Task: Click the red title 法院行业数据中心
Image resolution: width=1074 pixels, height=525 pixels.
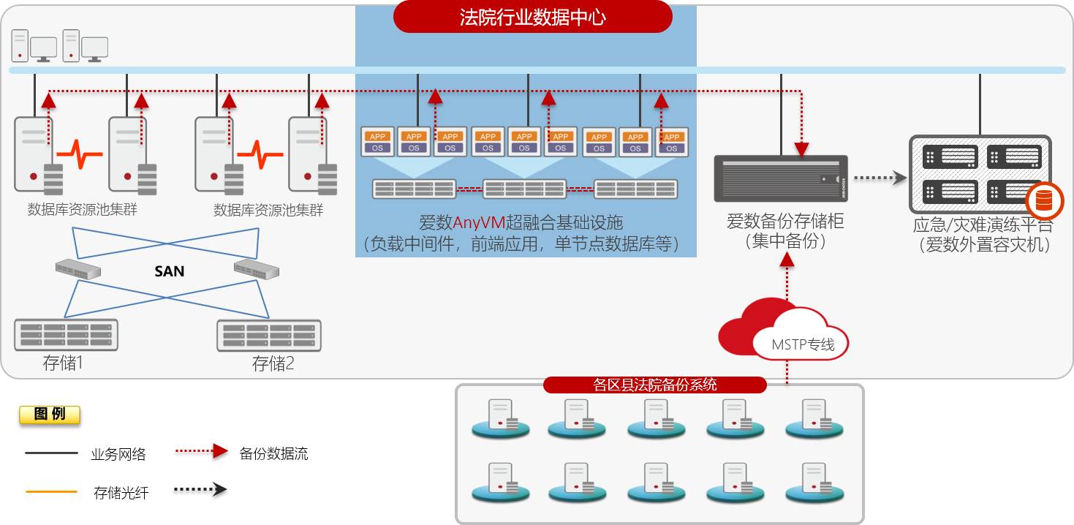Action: pos(532,17)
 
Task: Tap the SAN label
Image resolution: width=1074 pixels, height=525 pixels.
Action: pos(169,271)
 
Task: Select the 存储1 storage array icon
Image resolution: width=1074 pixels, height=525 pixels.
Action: pos(65,334)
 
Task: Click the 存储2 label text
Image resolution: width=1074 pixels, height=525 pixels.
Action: pos(273,363)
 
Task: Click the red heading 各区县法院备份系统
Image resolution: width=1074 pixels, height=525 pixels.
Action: pos(654,385)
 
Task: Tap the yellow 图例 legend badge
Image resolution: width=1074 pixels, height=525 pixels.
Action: pos(50,415)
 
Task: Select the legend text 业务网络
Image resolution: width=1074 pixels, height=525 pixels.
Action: pos(118,454)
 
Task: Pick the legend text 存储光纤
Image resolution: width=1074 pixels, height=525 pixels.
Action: pos(121,493)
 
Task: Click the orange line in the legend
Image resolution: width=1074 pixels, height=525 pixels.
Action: pos(51,491)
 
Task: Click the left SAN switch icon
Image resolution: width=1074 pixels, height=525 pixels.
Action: pos(78,268)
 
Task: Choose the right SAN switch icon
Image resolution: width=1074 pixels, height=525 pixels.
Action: pos(256,268)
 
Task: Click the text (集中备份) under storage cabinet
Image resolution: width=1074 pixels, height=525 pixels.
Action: pos(785,241)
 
